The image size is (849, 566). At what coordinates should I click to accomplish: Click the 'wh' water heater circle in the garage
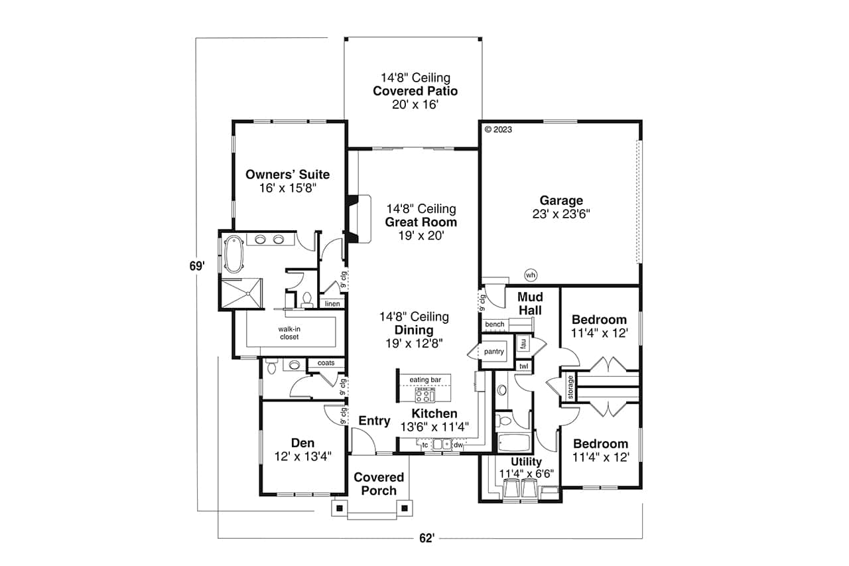[530, 275]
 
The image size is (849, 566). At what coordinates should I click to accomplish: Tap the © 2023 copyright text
[498, 130]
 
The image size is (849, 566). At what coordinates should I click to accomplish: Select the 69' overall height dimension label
[196, 266]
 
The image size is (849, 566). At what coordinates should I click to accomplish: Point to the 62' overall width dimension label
[426, 539]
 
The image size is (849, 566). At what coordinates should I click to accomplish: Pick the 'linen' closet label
[332, 304]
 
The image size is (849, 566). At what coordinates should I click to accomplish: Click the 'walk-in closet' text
[289, 332]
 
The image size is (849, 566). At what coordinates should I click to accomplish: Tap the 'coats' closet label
[326, 363]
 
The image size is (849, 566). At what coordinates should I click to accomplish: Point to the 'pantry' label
[493, 352]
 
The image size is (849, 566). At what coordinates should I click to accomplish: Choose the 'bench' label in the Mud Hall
[495, 324]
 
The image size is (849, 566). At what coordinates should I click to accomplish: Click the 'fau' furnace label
[523, 344]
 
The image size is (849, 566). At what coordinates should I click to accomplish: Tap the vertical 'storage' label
[570, 388]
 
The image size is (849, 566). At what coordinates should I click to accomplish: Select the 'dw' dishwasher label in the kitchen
[458, 445]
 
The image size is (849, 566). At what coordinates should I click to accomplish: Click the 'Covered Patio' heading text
[415, 91]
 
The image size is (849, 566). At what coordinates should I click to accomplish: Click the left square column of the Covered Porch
[339, 508]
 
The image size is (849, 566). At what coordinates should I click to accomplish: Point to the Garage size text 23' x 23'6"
[561, 214]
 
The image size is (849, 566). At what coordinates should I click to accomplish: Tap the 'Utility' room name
[526, 462]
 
